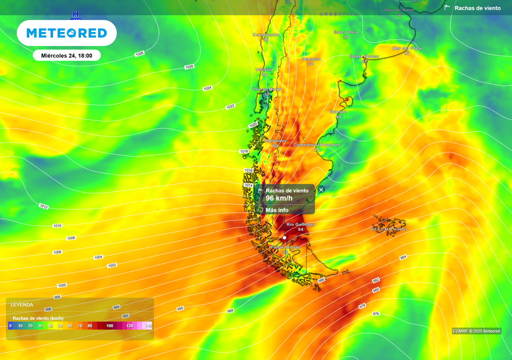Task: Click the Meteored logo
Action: click(66, 33)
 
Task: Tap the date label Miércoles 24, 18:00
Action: click(66, 55)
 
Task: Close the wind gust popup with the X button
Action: click(321, 189)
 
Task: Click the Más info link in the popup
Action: click(276, 210)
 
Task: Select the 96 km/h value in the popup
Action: click(279, 198)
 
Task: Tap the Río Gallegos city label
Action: click(300, 224)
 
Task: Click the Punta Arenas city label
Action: click(285, 247)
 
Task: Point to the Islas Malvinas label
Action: click(388, 229)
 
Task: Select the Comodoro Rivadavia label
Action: click(316, 145)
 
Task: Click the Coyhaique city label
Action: click(275, 140)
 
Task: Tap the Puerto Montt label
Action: click(267, 89)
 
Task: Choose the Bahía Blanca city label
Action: click(364, 56)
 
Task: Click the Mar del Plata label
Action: click(407, 48)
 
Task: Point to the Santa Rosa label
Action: click(345, 32)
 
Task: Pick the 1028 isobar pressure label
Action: click(139, 53)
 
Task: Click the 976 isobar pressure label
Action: click(376, 313)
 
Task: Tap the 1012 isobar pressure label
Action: click(43, 206)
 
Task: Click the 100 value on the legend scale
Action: click(109, 326)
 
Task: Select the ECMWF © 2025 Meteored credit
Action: click(476, 331)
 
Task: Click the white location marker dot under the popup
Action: click(284, 237)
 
